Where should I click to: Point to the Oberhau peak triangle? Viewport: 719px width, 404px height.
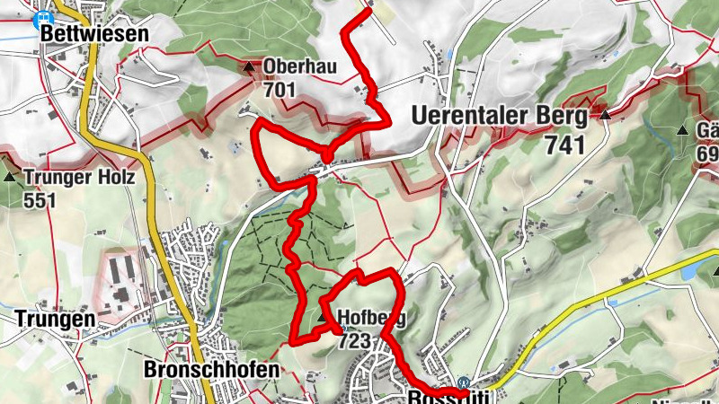point(250,67)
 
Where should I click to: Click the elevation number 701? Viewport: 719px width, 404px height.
point(280,89)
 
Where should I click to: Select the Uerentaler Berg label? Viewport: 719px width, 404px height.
point(500,117)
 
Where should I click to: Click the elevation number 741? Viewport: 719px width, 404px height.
point(565,145)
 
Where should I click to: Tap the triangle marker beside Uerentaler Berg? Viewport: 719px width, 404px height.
point(606,115)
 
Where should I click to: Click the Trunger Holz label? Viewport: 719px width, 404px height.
point(80,178)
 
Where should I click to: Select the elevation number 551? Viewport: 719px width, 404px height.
point(40,199)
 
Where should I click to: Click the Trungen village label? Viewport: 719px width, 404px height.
point(55,319)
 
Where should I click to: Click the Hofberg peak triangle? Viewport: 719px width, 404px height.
point(324,317)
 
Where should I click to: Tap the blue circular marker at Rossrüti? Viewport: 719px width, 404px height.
point(464,382)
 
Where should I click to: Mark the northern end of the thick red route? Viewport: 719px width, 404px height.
point(368,12)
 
